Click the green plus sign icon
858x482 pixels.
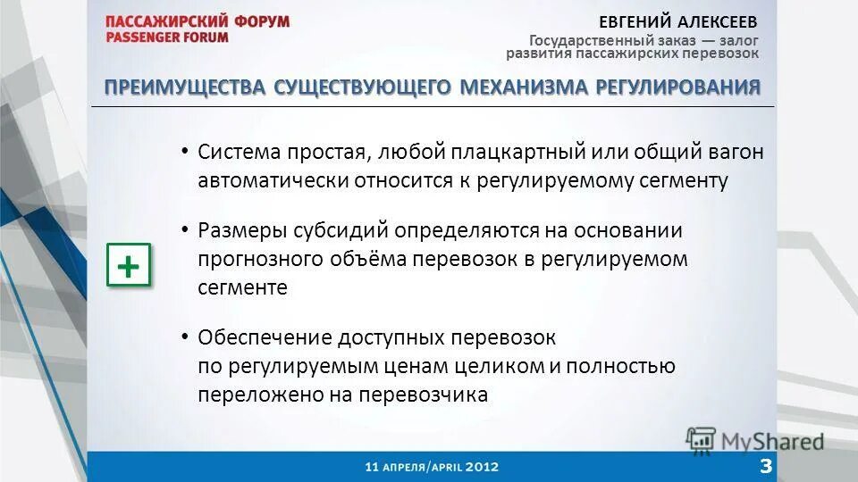(x=129, y=266)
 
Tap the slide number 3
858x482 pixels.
(x=766, y=464)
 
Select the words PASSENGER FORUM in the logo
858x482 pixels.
(x=166, y=37)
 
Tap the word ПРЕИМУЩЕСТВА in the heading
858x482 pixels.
(x=185, y=87)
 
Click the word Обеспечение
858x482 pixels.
(x=265, y=338)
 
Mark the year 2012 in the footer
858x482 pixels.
(x=480, y=466)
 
